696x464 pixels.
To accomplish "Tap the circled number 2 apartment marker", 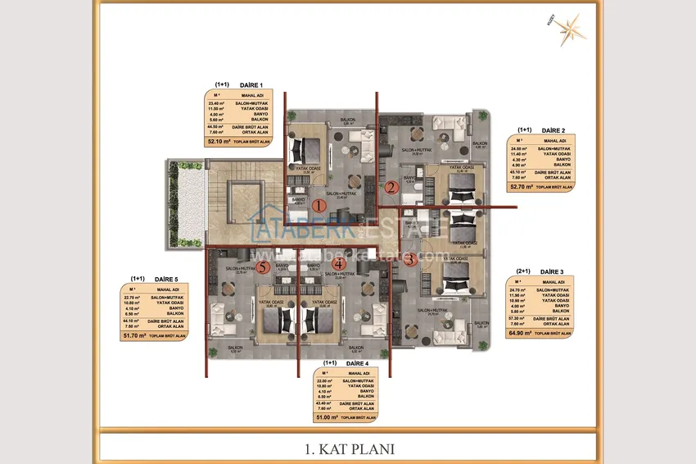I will point(391,187).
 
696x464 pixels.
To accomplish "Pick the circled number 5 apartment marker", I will point(263,266).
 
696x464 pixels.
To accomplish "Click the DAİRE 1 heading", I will point(250,85).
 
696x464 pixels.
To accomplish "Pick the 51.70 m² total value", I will point(134,335).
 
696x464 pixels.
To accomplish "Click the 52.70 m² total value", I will point(521,186).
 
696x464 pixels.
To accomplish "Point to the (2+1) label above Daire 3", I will point(523,271).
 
